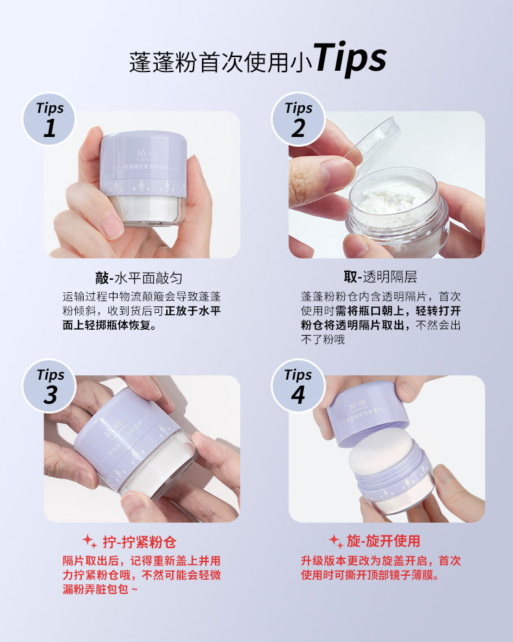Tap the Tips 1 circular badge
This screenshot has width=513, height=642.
[49, 119]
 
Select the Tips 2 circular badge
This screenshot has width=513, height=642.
[298, 119]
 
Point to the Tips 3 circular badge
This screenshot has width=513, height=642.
[49, 386]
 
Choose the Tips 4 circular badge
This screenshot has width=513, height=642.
[298, 386]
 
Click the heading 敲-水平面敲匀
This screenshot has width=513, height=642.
[138, 278]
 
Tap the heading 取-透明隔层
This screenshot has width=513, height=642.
[381, 277]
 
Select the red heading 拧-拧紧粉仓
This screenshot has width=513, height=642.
[140, 542]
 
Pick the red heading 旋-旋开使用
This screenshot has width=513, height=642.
[384, 541]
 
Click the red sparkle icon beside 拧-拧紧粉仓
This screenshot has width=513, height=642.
[90, 541]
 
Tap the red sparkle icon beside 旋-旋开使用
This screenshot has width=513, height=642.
[336, 541]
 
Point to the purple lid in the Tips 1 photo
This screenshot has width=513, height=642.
[143, 164]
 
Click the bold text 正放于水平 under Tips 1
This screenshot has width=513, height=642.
[193, 311]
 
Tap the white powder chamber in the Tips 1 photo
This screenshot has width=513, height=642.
[145, 210]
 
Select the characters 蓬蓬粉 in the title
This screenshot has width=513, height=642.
[163, 63]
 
